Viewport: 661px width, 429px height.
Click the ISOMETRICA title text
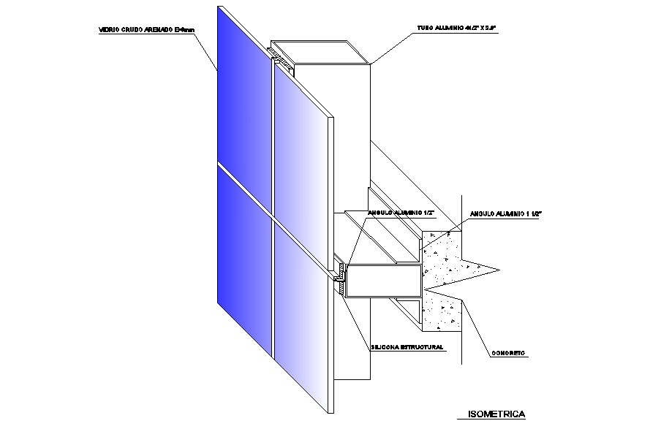tap(496, 414)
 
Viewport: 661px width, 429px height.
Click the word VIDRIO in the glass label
tap(109, 30)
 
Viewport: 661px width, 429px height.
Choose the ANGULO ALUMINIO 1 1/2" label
tap(505, 213)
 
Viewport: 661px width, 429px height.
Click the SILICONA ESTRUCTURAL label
tap(408, 347)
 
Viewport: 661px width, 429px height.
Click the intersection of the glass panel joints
tap(273, 219)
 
